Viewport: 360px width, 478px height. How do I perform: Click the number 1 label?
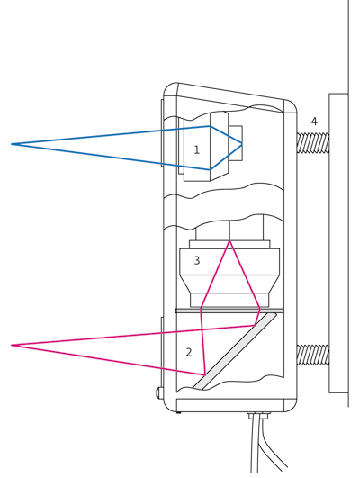[x=196, y=149]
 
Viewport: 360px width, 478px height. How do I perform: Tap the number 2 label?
[x=189, y=352]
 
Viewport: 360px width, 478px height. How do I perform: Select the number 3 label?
[x=197, y=260]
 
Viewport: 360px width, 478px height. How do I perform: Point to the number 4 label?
[x=314, y=122]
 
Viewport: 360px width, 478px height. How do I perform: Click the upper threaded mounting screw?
[x=313, y=142]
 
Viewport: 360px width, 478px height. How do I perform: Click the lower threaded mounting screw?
[x=313, y=355]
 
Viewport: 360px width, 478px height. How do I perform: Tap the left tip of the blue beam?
[x=12, y=144]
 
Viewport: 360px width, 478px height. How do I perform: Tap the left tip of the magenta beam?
[x=12, y=345]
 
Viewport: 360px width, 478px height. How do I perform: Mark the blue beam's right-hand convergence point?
[x=242, y=144]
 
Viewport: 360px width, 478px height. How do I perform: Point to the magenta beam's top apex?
[x=229, y=241]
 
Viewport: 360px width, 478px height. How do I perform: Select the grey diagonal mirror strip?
[x=235, y=351]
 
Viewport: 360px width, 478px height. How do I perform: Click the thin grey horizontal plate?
[x=229, y=311]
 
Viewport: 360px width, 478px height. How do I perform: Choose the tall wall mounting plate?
[x=338, y=243]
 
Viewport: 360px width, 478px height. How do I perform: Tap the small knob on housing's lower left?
[x=158, y=392]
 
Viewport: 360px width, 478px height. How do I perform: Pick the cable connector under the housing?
[x=259, y=415]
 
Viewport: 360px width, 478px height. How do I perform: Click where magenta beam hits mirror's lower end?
[x=205, y=374]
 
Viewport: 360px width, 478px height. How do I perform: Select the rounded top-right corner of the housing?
[x=291, y=106]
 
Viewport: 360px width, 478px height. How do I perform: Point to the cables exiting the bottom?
[x=265, y=446]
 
